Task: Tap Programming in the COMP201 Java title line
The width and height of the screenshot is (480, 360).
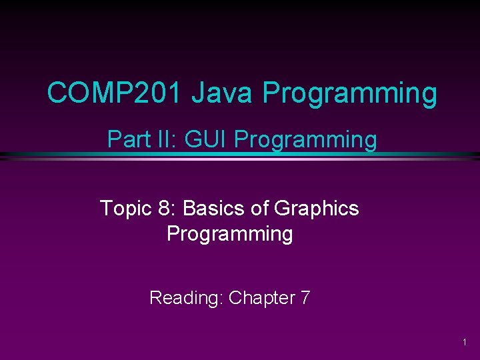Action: point(350,94)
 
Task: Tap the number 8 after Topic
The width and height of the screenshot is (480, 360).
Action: point(164,209)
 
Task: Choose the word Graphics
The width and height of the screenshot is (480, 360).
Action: point(316,209)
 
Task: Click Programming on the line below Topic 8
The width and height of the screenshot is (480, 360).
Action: point(229,234)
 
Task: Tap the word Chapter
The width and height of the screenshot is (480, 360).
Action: point(261,297)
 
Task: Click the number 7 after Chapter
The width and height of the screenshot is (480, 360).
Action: point(305,297)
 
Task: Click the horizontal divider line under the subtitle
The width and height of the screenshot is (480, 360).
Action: point(240,157)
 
